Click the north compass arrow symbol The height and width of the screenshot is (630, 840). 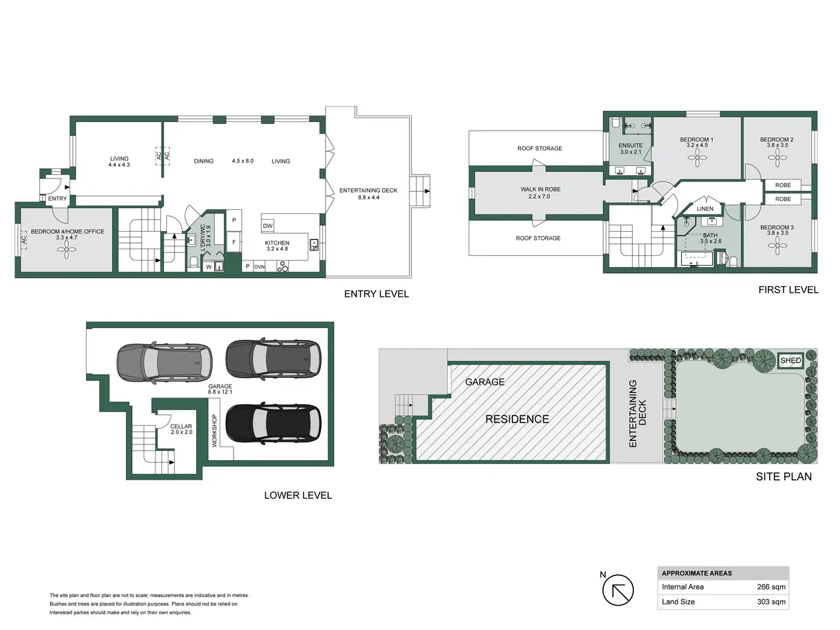618,590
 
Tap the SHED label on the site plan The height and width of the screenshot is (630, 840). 790,360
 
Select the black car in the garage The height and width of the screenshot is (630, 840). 273,423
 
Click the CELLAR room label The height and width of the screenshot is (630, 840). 181,426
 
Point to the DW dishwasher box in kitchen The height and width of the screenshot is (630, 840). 268,226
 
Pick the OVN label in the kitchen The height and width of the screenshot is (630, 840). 259,267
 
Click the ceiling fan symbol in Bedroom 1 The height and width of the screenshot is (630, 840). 697,157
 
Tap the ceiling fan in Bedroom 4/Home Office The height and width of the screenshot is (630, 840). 66,250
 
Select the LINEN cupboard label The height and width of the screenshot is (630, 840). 705,209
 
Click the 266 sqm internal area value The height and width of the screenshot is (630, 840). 771,587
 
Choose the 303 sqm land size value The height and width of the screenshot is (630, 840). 771,602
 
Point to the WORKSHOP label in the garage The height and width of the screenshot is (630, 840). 215,430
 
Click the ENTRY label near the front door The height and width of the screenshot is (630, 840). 57,199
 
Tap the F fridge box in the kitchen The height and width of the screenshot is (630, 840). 234,242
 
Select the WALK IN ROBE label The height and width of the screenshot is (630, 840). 540,189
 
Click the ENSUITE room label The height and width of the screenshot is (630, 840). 631,145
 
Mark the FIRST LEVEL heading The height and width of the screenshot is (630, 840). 788,289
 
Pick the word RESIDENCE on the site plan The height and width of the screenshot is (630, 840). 517,419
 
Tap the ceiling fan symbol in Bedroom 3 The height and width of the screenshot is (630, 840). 777,245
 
